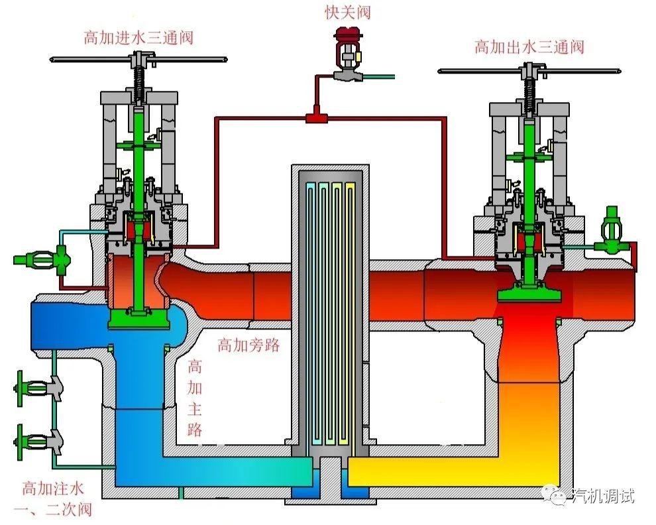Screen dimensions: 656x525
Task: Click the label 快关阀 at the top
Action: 348,12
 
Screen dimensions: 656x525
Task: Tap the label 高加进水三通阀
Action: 138,38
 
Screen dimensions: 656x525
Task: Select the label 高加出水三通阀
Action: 529,47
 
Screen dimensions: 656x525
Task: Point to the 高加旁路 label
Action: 248,345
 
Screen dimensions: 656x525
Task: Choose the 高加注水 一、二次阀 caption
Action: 53,499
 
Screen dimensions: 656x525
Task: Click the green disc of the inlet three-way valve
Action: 139,319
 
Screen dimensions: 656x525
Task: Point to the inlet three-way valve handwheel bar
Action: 138,60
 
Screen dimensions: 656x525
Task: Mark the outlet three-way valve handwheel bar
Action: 529,71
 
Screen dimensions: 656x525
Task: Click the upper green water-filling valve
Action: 38,387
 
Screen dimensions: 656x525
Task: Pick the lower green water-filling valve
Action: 38,441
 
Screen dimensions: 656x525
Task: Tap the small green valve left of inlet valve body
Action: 42,260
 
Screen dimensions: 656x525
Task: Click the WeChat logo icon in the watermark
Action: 555,495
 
